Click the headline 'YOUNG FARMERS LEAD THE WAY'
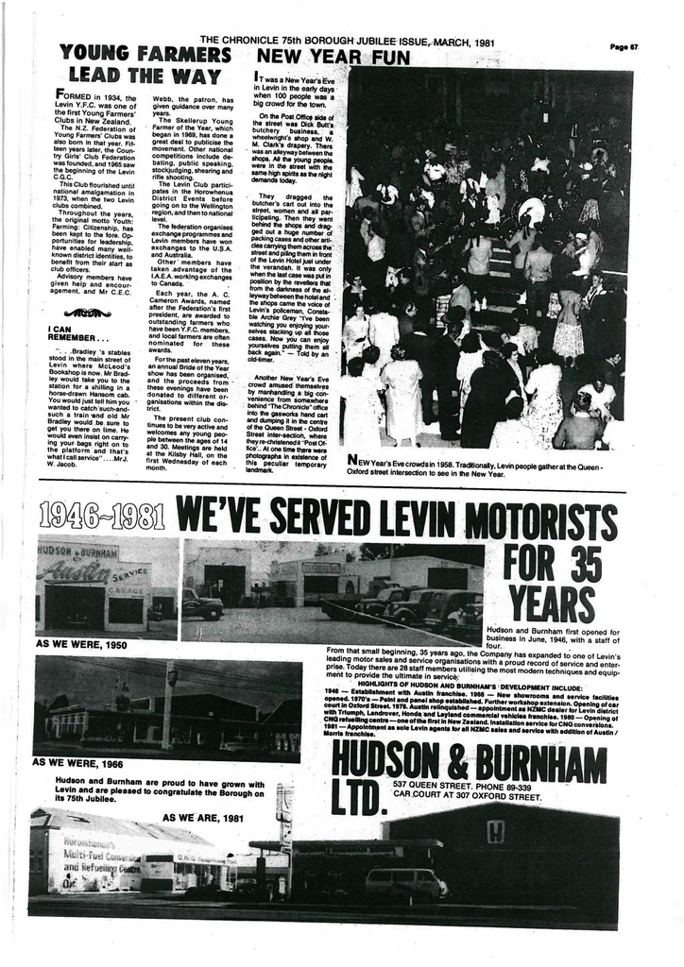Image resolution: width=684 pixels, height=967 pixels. pos(145,64)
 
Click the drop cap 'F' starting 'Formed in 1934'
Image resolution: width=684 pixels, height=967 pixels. pos(61,95)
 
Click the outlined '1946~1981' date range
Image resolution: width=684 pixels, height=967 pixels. pos(102,517)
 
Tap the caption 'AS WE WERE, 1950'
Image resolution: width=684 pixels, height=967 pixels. pos(80,643)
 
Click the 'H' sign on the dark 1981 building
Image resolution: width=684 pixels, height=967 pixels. pos(495,831)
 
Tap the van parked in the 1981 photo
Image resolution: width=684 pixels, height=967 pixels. pos(405,882)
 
